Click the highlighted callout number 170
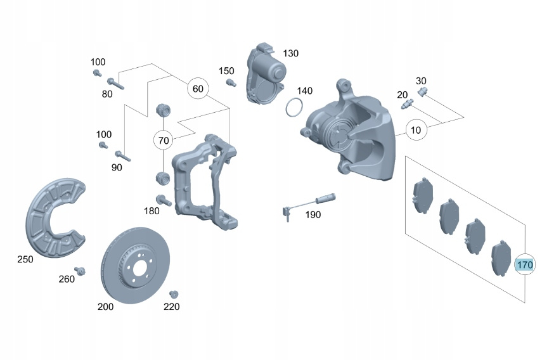524,264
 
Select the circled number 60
198,89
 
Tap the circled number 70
164,140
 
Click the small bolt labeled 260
80,272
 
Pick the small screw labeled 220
173,294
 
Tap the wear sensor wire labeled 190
304,202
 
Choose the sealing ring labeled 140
293,108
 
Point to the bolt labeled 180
162,200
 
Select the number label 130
290,53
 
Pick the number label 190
313,215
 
